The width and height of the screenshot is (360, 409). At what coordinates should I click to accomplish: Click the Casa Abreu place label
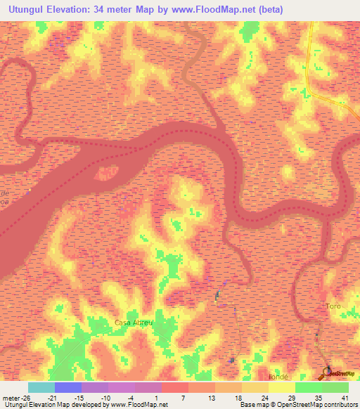pyautogui.click(x=133, y=322)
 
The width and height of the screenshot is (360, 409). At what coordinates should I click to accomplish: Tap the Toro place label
pyautogui.click(x=333, y=306)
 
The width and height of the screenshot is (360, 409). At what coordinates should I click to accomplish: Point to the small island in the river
pyautogui.click(x=108, y=170)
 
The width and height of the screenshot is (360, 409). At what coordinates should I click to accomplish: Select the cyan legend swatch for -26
pyautogui.click(x=41, y=387)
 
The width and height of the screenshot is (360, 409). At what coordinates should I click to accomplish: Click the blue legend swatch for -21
pyautogui.click(x=68, y=387)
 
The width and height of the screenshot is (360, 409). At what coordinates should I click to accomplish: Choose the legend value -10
pyautogui.click(x=105, y=398)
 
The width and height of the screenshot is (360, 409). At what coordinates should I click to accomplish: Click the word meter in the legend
pyautogui.click(x=12, y=398)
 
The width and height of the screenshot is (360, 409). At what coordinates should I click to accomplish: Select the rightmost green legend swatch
pyautogui.click(x=335, y=387)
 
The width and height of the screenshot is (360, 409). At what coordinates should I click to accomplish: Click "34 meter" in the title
pyautogui.click(x=136, y=9)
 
